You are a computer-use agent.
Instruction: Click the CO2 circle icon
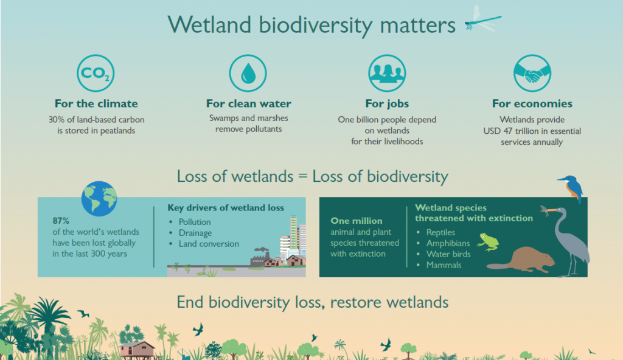point(96,73)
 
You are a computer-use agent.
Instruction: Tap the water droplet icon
point(248,73)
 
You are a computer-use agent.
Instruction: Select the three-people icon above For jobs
point(387,73)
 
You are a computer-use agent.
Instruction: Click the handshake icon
point(532,73)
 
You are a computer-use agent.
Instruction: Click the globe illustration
point(99,199)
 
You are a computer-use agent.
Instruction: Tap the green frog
point(488,241)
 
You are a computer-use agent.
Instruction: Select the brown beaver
point(521,260)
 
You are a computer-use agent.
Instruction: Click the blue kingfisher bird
point(571,189)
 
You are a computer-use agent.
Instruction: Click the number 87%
point(61,221)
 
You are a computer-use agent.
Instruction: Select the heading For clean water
point(249,104)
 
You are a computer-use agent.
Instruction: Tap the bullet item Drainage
point(195,233)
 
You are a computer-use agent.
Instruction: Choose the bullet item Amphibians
point(448,243)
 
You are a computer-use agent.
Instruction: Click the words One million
point(357,221)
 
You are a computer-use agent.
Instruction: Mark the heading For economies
point(532,104)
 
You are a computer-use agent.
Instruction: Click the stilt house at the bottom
point(137,350)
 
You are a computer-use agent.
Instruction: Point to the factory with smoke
point(260,257)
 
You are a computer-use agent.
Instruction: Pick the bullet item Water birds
point(448,254)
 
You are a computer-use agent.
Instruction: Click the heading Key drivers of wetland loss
point(226,208)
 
